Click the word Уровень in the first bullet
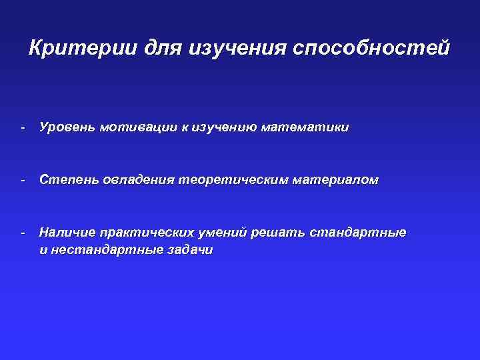[x=66, y=127]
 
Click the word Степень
[x=67, y=180]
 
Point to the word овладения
[x=137, y=180]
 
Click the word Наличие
[x=66, y=233]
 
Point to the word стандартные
[x=358, y=233]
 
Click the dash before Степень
[x=23, y=180]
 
